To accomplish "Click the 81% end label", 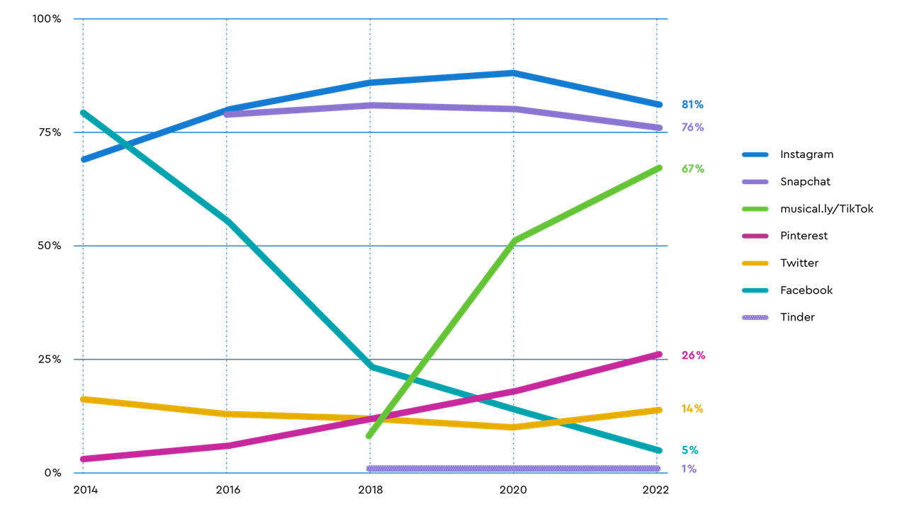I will click(x=692, y=105).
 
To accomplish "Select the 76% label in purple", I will click(x=692, y=127).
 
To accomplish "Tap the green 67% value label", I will click(x=692, y=169).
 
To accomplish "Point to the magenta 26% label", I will click(x=692, y=355).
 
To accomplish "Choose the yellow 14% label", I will click(x=692, y=409).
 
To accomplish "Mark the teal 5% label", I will click(x=689, y=450).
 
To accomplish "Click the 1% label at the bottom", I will click(x=689, y=469).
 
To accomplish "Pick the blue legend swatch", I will click(x=755, y=154).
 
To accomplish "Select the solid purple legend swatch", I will click(x=755, y=182).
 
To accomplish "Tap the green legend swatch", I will click(x=755, y=209).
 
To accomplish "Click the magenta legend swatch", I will click(x=755, y=236).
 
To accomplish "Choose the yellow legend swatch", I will click(x=755, y=263).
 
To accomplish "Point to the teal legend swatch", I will click(x=755, y=290).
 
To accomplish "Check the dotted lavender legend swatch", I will click(x=755, y=318).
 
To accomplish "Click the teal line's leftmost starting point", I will click(x=83, y=112).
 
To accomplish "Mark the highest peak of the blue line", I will click(x=513, y=72).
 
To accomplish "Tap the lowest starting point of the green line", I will click(x=368, y=436).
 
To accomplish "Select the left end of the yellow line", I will click(x=83, y=399).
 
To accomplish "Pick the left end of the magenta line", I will click(x=83, y=459).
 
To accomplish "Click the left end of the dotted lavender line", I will click(x=369, y=469).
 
